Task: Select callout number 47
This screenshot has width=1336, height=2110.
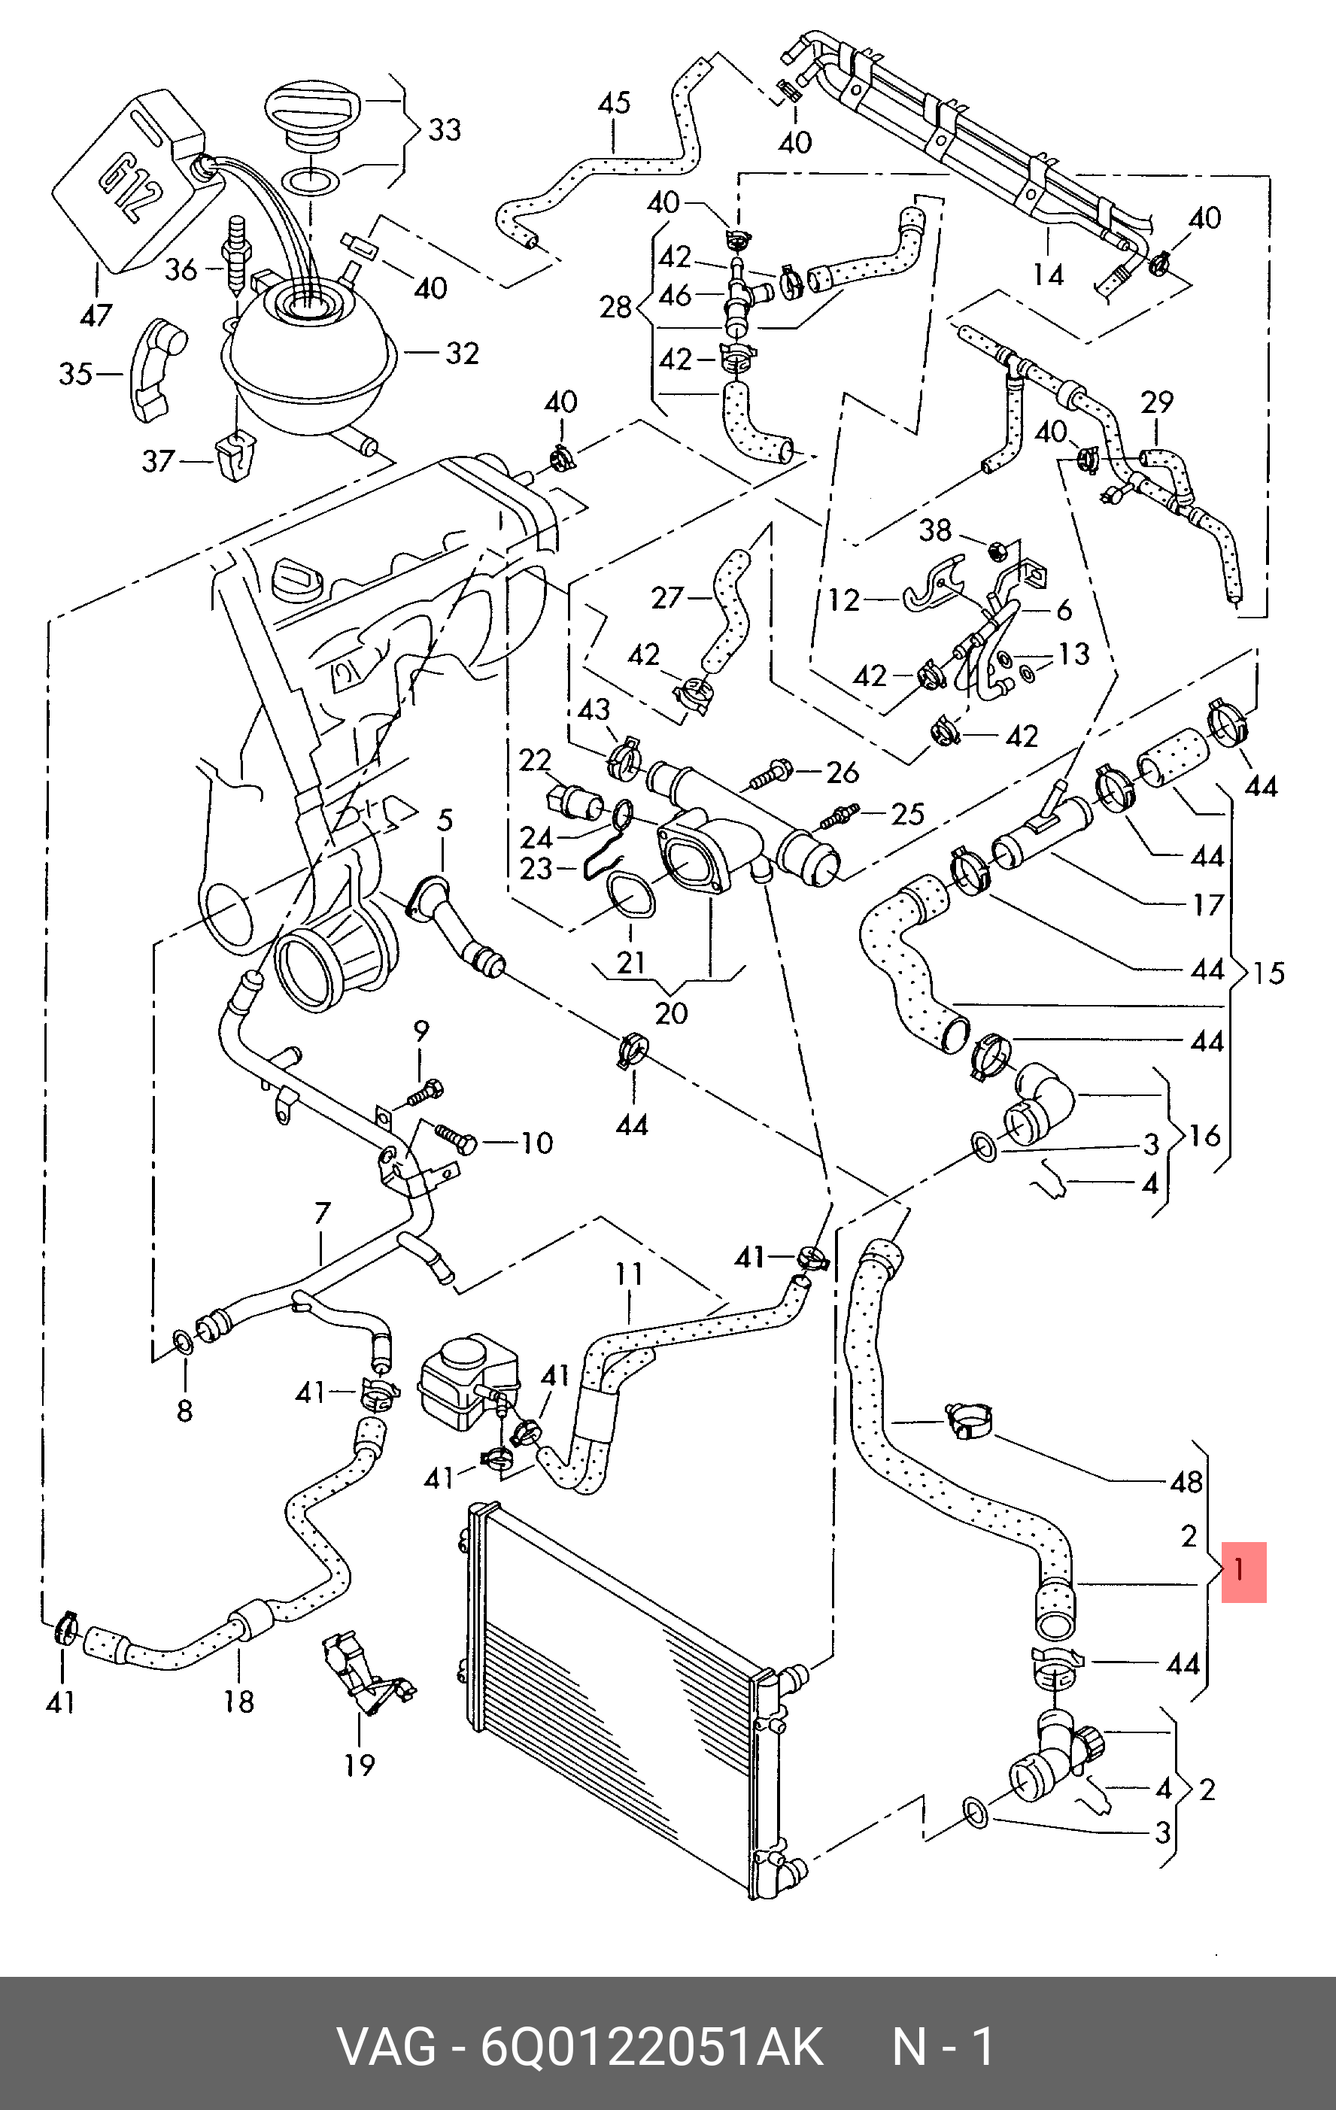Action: [96, 314]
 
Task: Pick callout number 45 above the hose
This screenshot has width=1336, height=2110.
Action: [614, 103]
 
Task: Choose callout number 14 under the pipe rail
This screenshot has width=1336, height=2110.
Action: [1048, 275]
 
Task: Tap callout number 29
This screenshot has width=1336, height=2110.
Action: [1156, 402]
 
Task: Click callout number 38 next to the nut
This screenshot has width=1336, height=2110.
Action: [935, 530]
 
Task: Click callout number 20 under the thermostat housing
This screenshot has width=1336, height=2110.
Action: [672, 1013]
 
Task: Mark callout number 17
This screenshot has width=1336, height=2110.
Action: [1208, 904]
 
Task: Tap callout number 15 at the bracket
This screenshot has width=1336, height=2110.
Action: [1268, 973]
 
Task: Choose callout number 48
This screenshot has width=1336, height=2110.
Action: [1187, 1482]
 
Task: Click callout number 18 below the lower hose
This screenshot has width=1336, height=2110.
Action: [239, 1702]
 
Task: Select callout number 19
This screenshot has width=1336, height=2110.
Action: [359, 1765]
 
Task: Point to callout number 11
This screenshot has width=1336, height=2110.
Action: [629, 1274]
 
